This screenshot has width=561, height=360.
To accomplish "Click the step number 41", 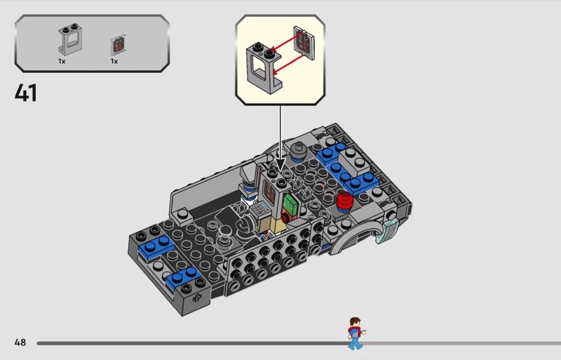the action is (x=26, y=93).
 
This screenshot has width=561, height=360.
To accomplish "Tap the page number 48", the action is (x=20, y=342).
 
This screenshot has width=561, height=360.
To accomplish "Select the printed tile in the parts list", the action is (x=119, y=46).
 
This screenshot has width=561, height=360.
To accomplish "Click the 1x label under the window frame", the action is (x=62, y=61).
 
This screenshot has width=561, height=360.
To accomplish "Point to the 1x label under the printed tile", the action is (x=114, y=61).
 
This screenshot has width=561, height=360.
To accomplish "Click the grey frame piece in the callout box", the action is (x=264, y=68).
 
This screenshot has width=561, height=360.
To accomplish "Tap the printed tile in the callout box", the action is (x=304, y=42).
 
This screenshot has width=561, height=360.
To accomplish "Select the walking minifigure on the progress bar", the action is (x=356, y=333).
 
